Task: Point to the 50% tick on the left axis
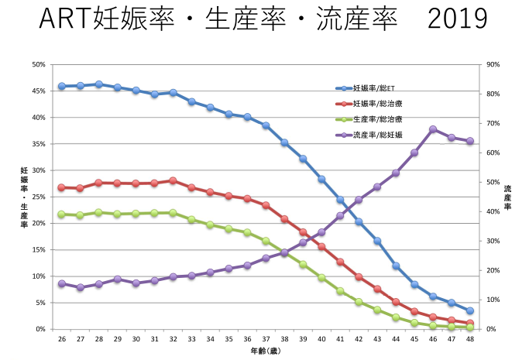click(x=37, y=65)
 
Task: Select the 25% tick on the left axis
click(x=37, y=197)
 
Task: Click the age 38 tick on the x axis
click(x=284, y=339)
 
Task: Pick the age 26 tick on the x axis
click(x=62, y=339)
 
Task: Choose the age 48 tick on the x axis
click(x=470, y=339)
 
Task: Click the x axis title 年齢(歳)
click(x=265, y=351)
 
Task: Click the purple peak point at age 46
click(x=433, y=129)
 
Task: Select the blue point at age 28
click(x=99, y=84)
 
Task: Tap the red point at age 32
click(x=173, y=180)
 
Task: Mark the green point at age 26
click(x=62, y=214)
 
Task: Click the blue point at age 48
click(x=470, y=310)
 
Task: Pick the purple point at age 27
click(x=81, y=287)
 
